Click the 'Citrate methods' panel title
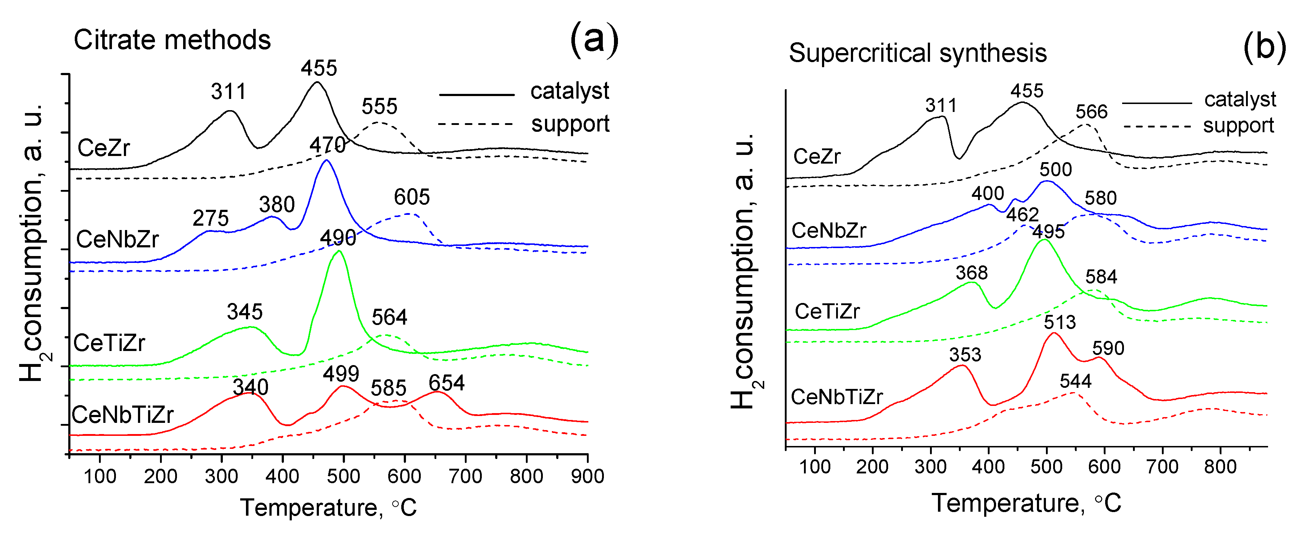click(x=172, y=40)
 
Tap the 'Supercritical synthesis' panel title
click(x=917, y=53)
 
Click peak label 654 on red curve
click(x=446, y=383)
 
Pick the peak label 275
click(x=210, y=218)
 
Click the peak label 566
click(x=1091, y=112)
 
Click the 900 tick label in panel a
click(x=587, y=476)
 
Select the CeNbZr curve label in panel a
click(x=117, y=239)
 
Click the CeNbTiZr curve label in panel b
click(x=836, y=397)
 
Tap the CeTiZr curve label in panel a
click(x=109, y=343)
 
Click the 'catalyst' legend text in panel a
click(x=569, y=91)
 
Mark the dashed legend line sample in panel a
click(x=475, y=124)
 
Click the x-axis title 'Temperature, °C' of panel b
click(x=1026, y=503)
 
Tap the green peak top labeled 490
click(x=339, y=251)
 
